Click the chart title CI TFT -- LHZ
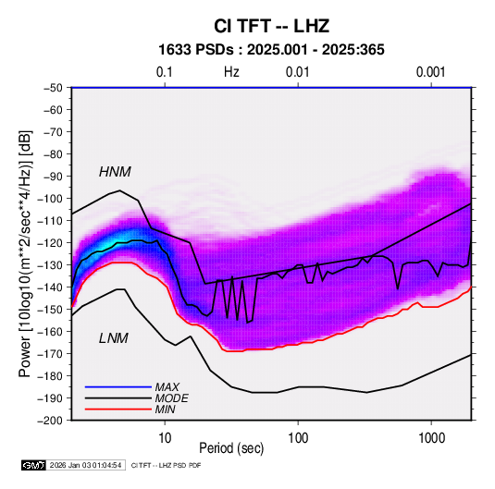271,26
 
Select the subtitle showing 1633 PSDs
271,50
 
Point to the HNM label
115,172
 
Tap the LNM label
114,338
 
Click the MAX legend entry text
167,386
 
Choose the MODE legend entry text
172,398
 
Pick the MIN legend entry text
165,410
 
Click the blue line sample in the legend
118,386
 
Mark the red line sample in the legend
118,410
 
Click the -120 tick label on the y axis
50,243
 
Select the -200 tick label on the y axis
50,421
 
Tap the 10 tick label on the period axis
165,438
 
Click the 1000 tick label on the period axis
431,438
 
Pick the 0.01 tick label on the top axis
297,72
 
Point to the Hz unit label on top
231,72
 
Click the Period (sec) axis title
231,448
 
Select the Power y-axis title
25,254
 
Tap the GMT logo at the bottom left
33,465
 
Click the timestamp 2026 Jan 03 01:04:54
85,465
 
